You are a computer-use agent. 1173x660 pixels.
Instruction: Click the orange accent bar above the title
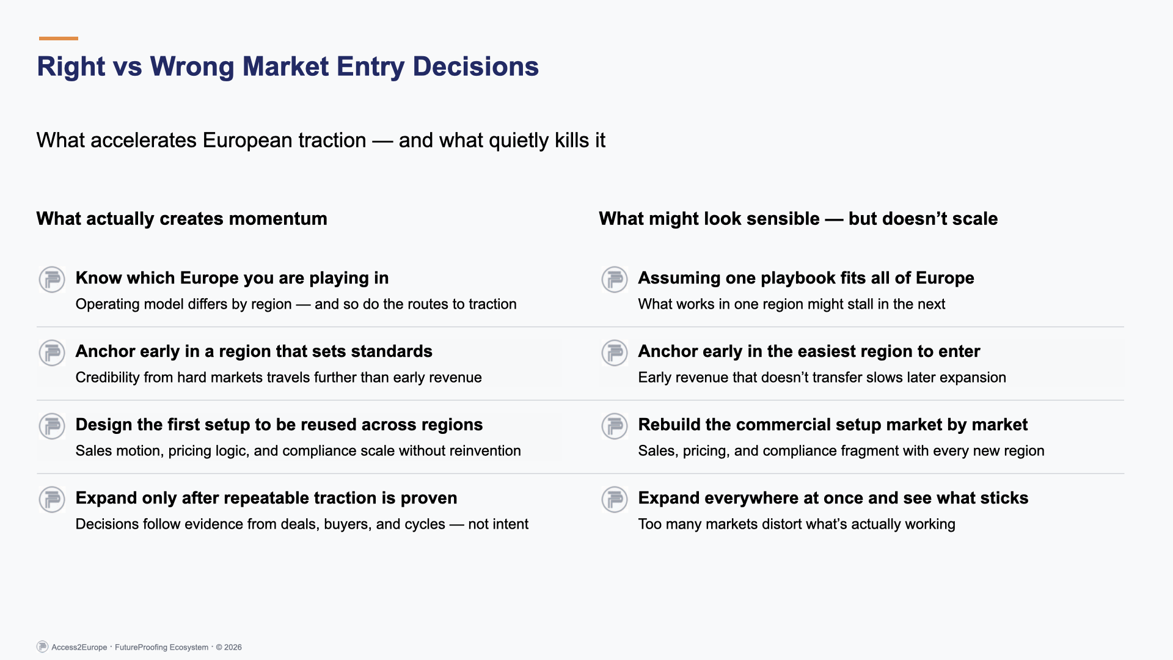(x=58, y=38)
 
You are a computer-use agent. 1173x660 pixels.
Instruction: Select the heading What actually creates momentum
(x=181, y=219)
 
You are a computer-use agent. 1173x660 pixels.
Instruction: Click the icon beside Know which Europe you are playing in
(x=52, y=279)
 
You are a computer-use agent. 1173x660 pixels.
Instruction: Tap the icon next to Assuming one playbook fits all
(x=615, y=279)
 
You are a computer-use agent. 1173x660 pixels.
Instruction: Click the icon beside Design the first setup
(x=52, y=426)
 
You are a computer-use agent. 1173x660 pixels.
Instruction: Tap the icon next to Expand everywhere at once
(x=615, y=499)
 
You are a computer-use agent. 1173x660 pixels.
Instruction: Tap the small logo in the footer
(x=42, y=647)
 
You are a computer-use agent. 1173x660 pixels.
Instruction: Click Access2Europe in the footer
(x=79, y=647)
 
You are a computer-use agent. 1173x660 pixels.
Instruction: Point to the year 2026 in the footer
(x=233, y=647)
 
